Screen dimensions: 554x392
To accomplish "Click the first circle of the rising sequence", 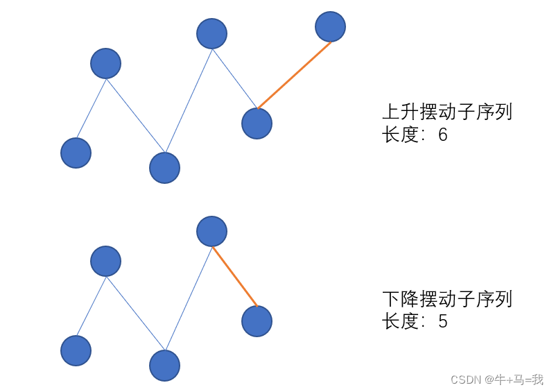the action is [x=76, y=153].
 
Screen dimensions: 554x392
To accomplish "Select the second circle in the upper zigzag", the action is [x=105, y=63].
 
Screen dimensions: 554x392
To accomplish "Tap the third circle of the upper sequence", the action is [x=164, y=167].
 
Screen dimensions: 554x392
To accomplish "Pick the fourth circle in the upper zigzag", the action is [x=211, y=33].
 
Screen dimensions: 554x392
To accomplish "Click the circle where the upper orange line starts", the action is [x=257, y=123].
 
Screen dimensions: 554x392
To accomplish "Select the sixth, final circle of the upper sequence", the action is [x=330, y=26].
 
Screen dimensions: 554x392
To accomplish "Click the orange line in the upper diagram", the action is [x=294, y=75].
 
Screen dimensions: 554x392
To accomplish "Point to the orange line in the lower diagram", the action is [x=235, y=276].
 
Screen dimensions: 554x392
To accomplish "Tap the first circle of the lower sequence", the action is [x=76, y=350].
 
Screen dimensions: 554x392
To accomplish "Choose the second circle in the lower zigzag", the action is [x=105, y=261].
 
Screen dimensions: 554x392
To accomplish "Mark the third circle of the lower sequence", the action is [x=164, y=365].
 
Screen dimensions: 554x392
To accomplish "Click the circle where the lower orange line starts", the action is [x=211, y=231].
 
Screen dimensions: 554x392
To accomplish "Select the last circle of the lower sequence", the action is [x=257, y=321].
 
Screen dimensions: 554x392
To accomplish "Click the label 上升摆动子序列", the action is [x=447, y=112].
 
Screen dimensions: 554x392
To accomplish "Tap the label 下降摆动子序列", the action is [x=447, y=300].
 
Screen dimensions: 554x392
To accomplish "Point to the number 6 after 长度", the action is [x=442, y=135].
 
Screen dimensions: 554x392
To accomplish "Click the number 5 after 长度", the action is [x=442, y=322].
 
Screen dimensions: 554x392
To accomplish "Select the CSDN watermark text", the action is [x=496, y=380].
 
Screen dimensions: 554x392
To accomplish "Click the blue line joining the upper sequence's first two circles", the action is [x=91, y=108].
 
